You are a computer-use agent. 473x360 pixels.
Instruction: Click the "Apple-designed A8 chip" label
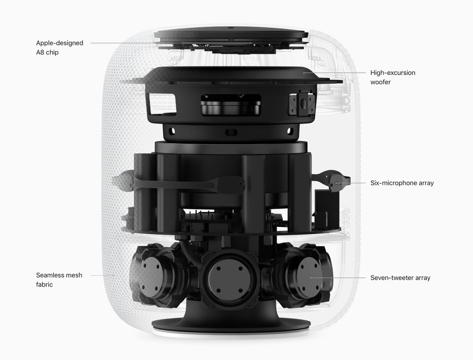coord(60,48)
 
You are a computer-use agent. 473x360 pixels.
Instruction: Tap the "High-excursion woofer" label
coord(393,77)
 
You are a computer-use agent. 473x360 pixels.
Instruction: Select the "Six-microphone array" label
coord(402,183)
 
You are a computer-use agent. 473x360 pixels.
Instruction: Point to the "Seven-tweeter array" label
coord(400,278)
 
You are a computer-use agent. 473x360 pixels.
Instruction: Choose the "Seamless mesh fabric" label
coord(59,280)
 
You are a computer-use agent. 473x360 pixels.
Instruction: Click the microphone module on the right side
coord(338,182)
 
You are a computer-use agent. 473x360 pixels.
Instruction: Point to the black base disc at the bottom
coord(231,325)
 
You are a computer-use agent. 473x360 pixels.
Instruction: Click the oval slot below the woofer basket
coord(231,132)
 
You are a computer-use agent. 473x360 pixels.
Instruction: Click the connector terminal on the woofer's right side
coord(302,104)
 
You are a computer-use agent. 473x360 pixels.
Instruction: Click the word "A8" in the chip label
coord(40,52)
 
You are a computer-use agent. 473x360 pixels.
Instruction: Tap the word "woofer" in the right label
coord(380,82)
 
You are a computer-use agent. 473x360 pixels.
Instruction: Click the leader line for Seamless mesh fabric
coord(103,275)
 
